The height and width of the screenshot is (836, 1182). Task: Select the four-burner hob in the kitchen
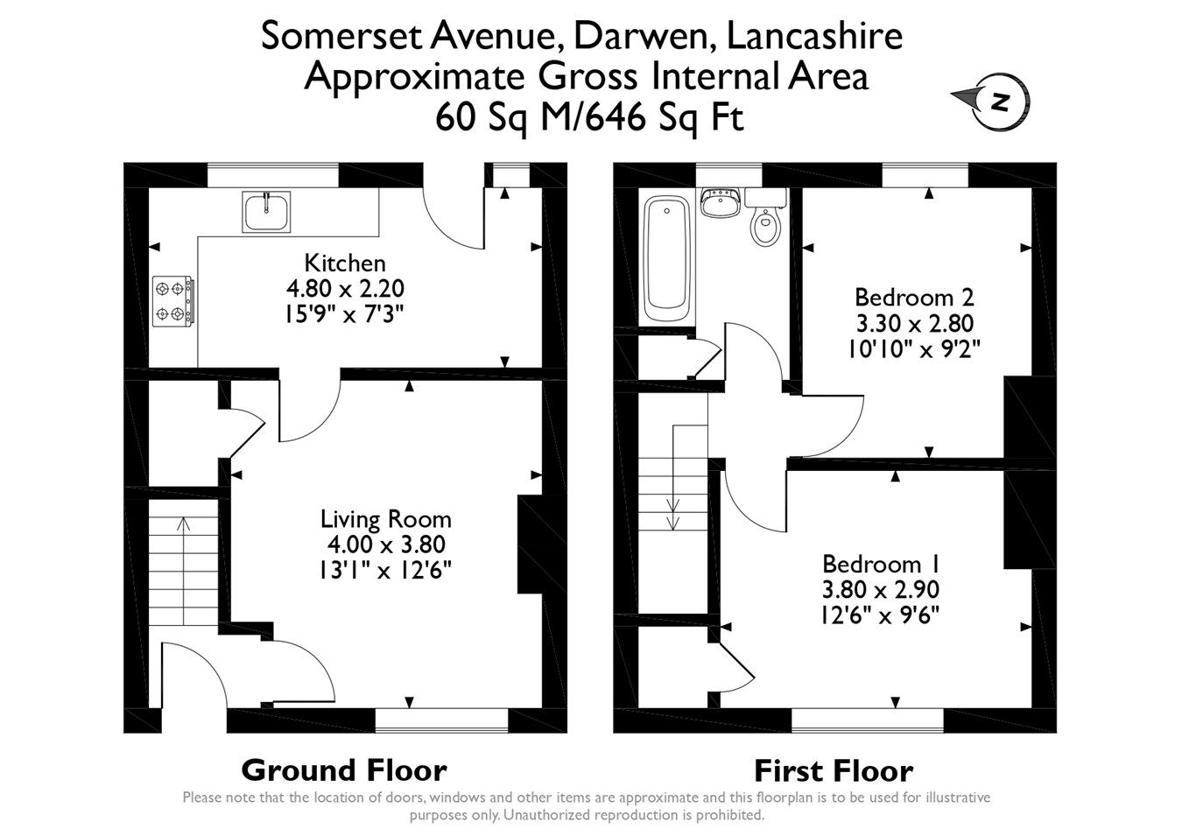[173, 300]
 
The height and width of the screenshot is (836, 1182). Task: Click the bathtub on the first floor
[668, 259]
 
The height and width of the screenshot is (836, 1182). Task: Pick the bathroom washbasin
[721, 202]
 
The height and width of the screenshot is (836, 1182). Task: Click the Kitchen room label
[344, 263]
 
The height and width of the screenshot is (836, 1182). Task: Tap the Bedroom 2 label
[914, 296]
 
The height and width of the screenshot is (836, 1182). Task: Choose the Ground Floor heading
[343, 770]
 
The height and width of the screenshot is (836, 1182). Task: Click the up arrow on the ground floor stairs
[183, 524]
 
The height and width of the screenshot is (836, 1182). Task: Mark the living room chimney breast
[531, 546]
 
